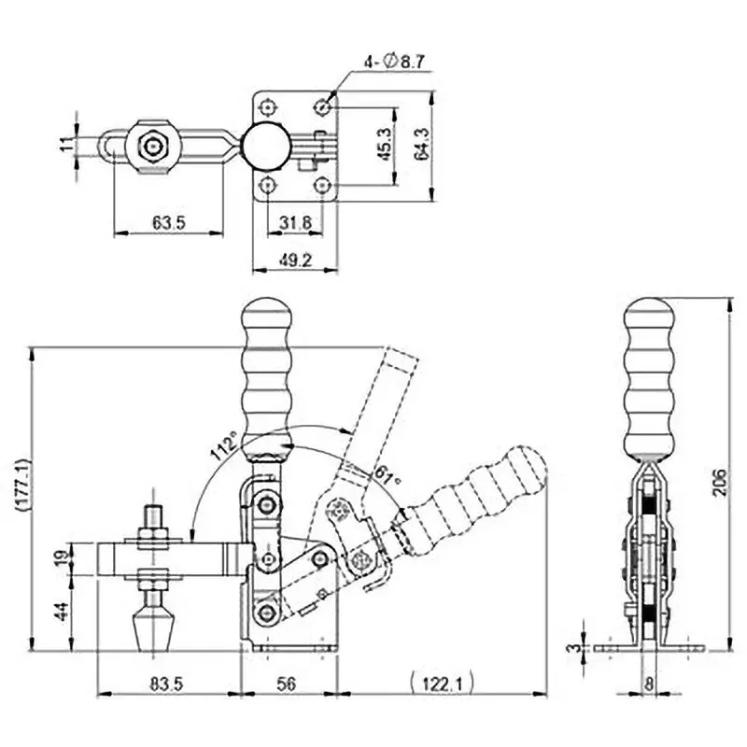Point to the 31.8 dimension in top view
295,223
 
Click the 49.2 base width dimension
294,261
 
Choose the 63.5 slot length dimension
168,223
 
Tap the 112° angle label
222,449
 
